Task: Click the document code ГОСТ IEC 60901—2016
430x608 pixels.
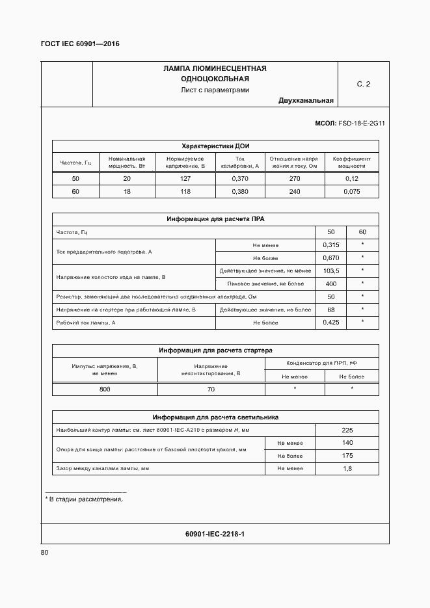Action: (80, 44)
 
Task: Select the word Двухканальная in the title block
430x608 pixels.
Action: (306, 101)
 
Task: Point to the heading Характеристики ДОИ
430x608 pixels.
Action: (215, 146)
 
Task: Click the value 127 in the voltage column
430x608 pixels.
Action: (185, 179)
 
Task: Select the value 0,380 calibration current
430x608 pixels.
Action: (240, 192)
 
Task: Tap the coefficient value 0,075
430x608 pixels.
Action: (351, 192)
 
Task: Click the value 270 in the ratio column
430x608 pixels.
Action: (295, 179)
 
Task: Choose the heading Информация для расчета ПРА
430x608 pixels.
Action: (215, 219)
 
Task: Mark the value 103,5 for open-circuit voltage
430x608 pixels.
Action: (331, 271)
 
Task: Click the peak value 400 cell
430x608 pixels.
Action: (331, 284)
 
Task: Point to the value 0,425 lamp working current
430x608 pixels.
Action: (331, 323)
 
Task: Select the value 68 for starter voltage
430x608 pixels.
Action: (331, 310)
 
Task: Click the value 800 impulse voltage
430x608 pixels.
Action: (105, 389)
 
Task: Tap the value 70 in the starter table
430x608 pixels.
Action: (211, 389)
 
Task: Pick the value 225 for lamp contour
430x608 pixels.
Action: (347, 430)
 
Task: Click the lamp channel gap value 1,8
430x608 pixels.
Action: (347, 469)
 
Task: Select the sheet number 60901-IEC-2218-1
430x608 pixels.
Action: (215, 534)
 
